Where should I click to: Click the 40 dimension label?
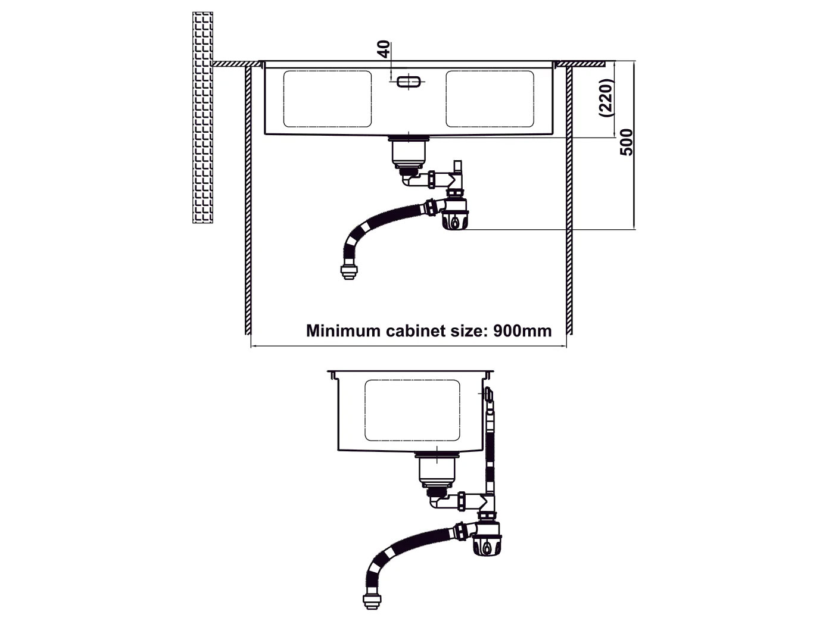[384, 48]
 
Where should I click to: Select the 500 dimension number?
[626, 142]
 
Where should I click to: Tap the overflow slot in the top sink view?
[407, 82]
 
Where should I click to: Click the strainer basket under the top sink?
[408, 154]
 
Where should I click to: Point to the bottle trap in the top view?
[456, 214]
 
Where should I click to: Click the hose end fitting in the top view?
[346, 272]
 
